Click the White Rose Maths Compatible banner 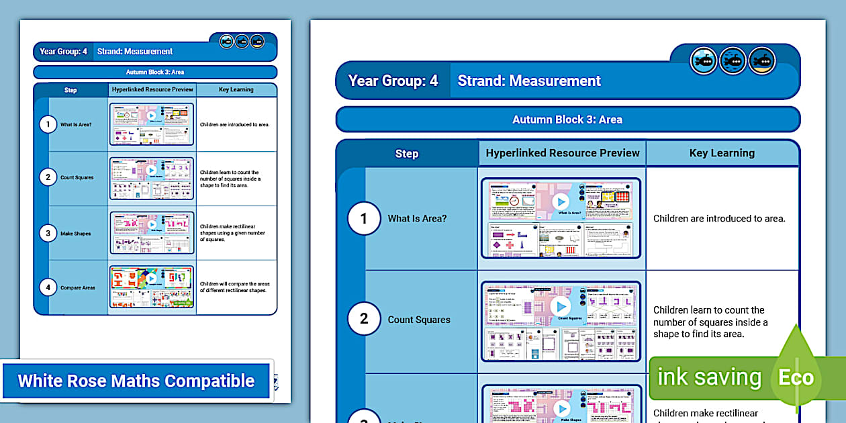pyautogui.click(x=136, y=381)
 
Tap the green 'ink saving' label pyautogui.click(x=708, y=377)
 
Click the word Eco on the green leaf pyautogui.click(x=796, y=377)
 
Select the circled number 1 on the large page pyautogui.click(x=364, y=218)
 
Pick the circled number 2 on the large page pyautogui.click(x=364, y=319)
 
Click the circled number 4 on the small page pyautogui.click(x=48, y=287)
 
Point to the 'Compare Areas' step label pyautogui.click(x=78, y=288)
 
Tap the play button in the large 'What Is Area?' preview pyautogui.click(x=560, y=201)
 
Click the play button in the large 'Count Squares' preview pyautogui.click(x=560, y=306)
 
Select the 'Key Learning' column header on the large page pyautogui.click(x=722, y=153)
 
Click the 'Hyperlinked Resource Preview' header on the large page pyautogui.click(x=563, y=153)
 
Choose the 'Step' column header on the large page pyautogui.click(x=406, y=154)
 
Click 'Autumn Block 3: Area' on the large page pyautogui.click(x=567, y=120)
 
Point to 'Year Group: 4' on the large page pyautogui.click(x=393, y=81)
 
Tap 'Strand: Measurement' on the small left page pyautogui.click(x=135, y=52)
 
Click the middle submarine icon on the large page pyautogui.click(x=733, y=61)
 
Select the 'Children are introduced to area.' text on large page pyautogui.click(x=719, y=218)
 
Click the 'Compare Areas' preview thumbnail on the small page pyautogui.click(x=151, y=287)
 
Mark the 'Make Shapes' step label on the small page pyautogui.click(x=75, y=234)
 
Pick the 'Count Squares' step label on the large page pyautogui.click(x=419, y=320)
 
